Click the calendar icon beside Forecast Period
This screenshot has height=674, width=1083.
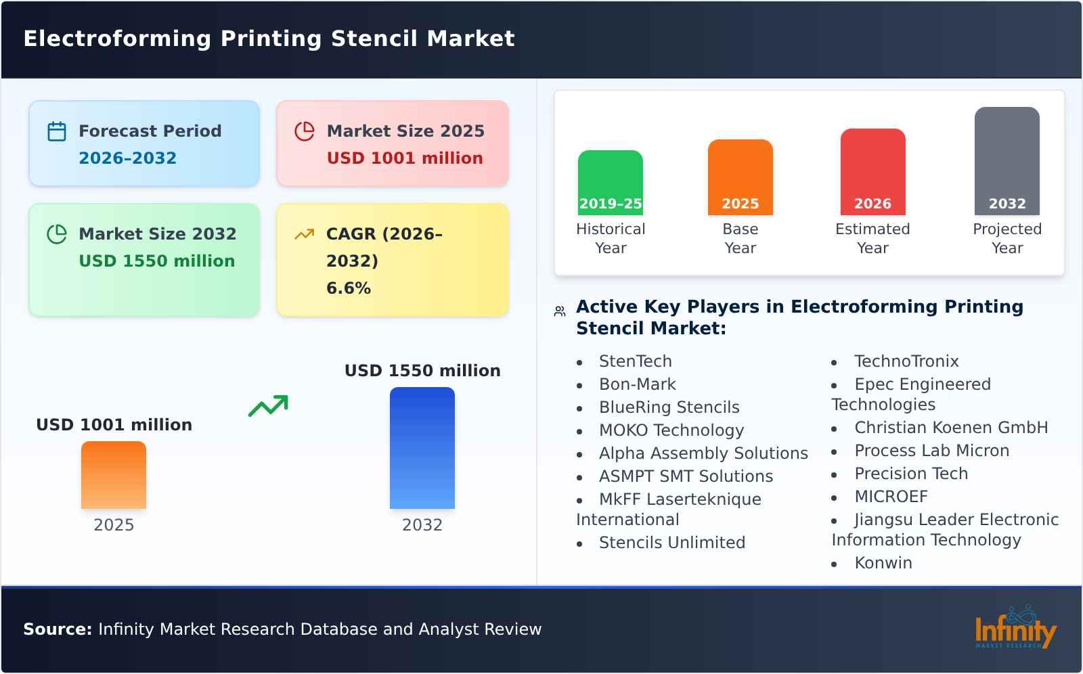pos(57,131)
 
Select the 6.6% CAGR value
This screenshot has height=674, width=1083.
pos(348,288)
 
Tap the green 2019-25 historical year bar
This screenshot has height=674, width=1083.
pos(610,182)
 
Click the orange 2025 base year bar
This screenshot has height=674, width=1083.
pos(740,177)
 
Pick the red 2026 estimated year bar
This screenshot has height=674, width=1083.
pos(872,171)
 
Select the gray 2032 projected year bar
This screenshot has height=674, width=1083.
pos(1007,160)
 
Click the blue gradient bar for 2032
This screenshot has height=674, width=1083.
pos(422,447)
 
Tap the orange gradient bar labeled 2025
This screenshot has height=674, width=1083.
pos(114,474)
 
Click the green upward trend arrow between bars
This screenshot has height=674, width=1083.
pos(268,405)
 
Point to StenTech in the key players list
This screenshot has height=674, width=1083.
pos(635,361)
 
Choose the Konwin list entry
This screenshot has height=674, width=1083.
pos(883,563)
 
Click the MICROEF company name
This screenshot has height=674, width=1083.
pos(891,497)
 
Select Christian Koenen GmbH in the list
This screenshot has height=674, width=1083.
pos(950,428)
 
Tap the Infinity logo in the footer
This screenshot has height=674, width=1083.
pos(1015,628)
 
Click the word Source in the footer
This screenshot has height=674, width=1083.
pos(57,629)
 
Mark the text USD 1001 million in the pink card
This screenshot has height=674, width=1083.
pos(405,158)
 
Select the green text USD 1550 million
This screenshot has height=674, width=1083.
pos(156,261)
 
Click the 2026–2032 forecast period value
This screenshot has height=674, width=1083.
pos(127,158)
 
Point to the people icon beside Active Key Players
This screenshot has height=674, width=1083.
pos(560,311)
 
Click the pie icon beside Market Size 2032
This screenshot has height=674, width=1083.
pos(57,234)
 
